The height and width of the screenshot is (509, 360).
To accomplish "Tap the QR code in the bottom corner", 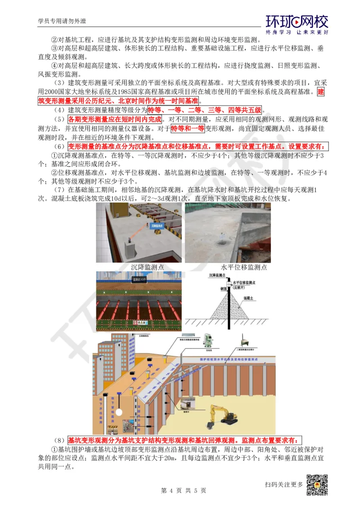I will click(317, 485).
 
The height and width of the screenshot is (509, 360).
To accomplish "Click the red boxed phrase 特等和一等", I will click(188, 129).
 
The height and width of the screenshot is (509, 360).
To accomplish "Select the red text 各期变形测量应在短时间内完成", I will click(114, 120).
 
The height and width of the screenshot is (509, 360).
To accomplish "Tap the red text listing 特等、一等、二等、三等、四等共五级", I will click(205, 110).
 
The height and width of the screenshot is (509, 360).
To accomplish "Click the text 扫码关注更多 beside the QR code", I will click(284, 484).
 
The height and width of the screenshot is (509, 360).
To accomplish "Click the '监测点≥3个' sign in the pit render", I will click(137, 279).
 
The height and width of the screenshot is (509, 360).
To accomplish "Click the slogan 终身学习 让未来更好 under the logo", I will click(297, 32).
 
